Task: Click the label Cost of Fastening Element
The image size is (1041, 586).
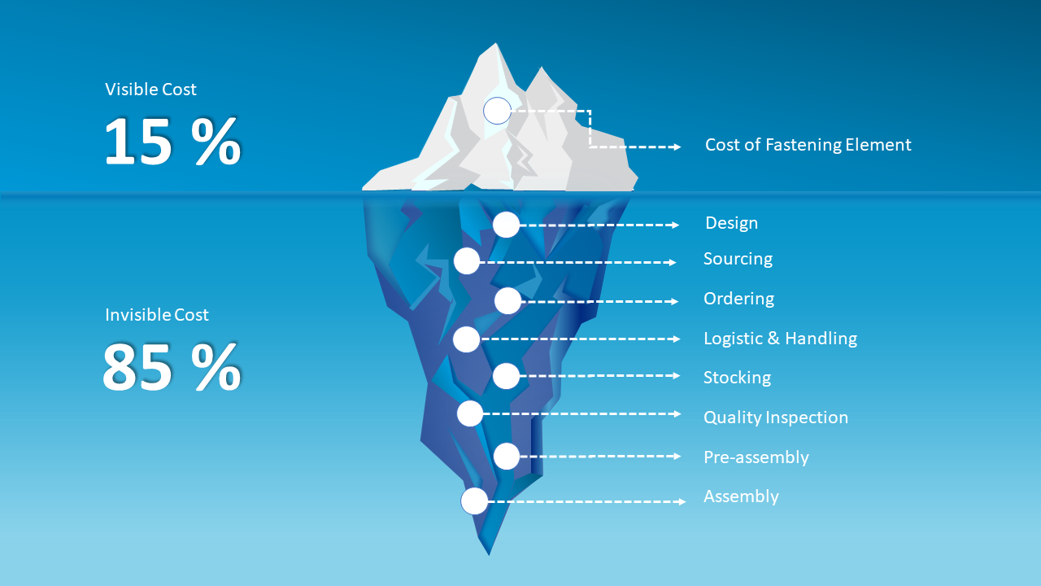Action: pos(808,145)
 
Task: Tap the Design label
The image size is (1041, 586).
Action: pos(731,223)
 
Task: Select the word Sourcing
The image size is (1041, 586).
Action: pos(738,259)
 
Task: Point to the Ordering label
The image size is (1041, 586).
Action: pos(738,299)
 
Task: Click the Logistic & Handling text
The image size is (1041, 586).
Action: pos(780,338)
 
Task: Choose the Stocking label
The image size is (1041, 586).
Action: pos(737,378)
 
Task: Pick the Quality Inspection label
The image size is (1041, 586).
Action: pos(775,418)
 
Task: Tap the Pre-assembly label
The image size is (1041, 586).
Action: pos(756,457)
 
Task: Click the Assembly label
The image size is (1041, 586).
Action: pos(741,496)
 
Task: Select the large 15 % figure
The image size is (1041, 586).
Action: pos(172,142)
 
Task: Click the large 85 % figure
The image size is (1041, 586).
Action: pos(172,368)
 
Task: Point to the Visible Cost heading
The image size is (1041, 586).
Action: pos(150,90)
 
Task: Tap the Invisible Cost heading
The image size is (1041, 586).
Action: pos(157,315)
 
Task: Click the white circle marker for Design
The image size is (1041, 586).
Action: pos(506,225)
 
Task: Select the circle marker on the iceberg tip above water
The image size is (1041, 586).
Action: pos(497,111)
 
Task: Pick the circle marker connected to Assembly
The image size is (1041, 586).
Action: pos(474,501)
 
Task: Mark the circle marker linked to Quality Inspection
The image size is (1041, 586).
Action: pos(469,413)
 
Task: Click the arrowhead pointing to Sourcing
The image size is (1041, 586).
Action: pos(672,263)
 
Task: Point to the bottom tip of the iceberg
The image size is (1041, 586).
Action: pos(489,554)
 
